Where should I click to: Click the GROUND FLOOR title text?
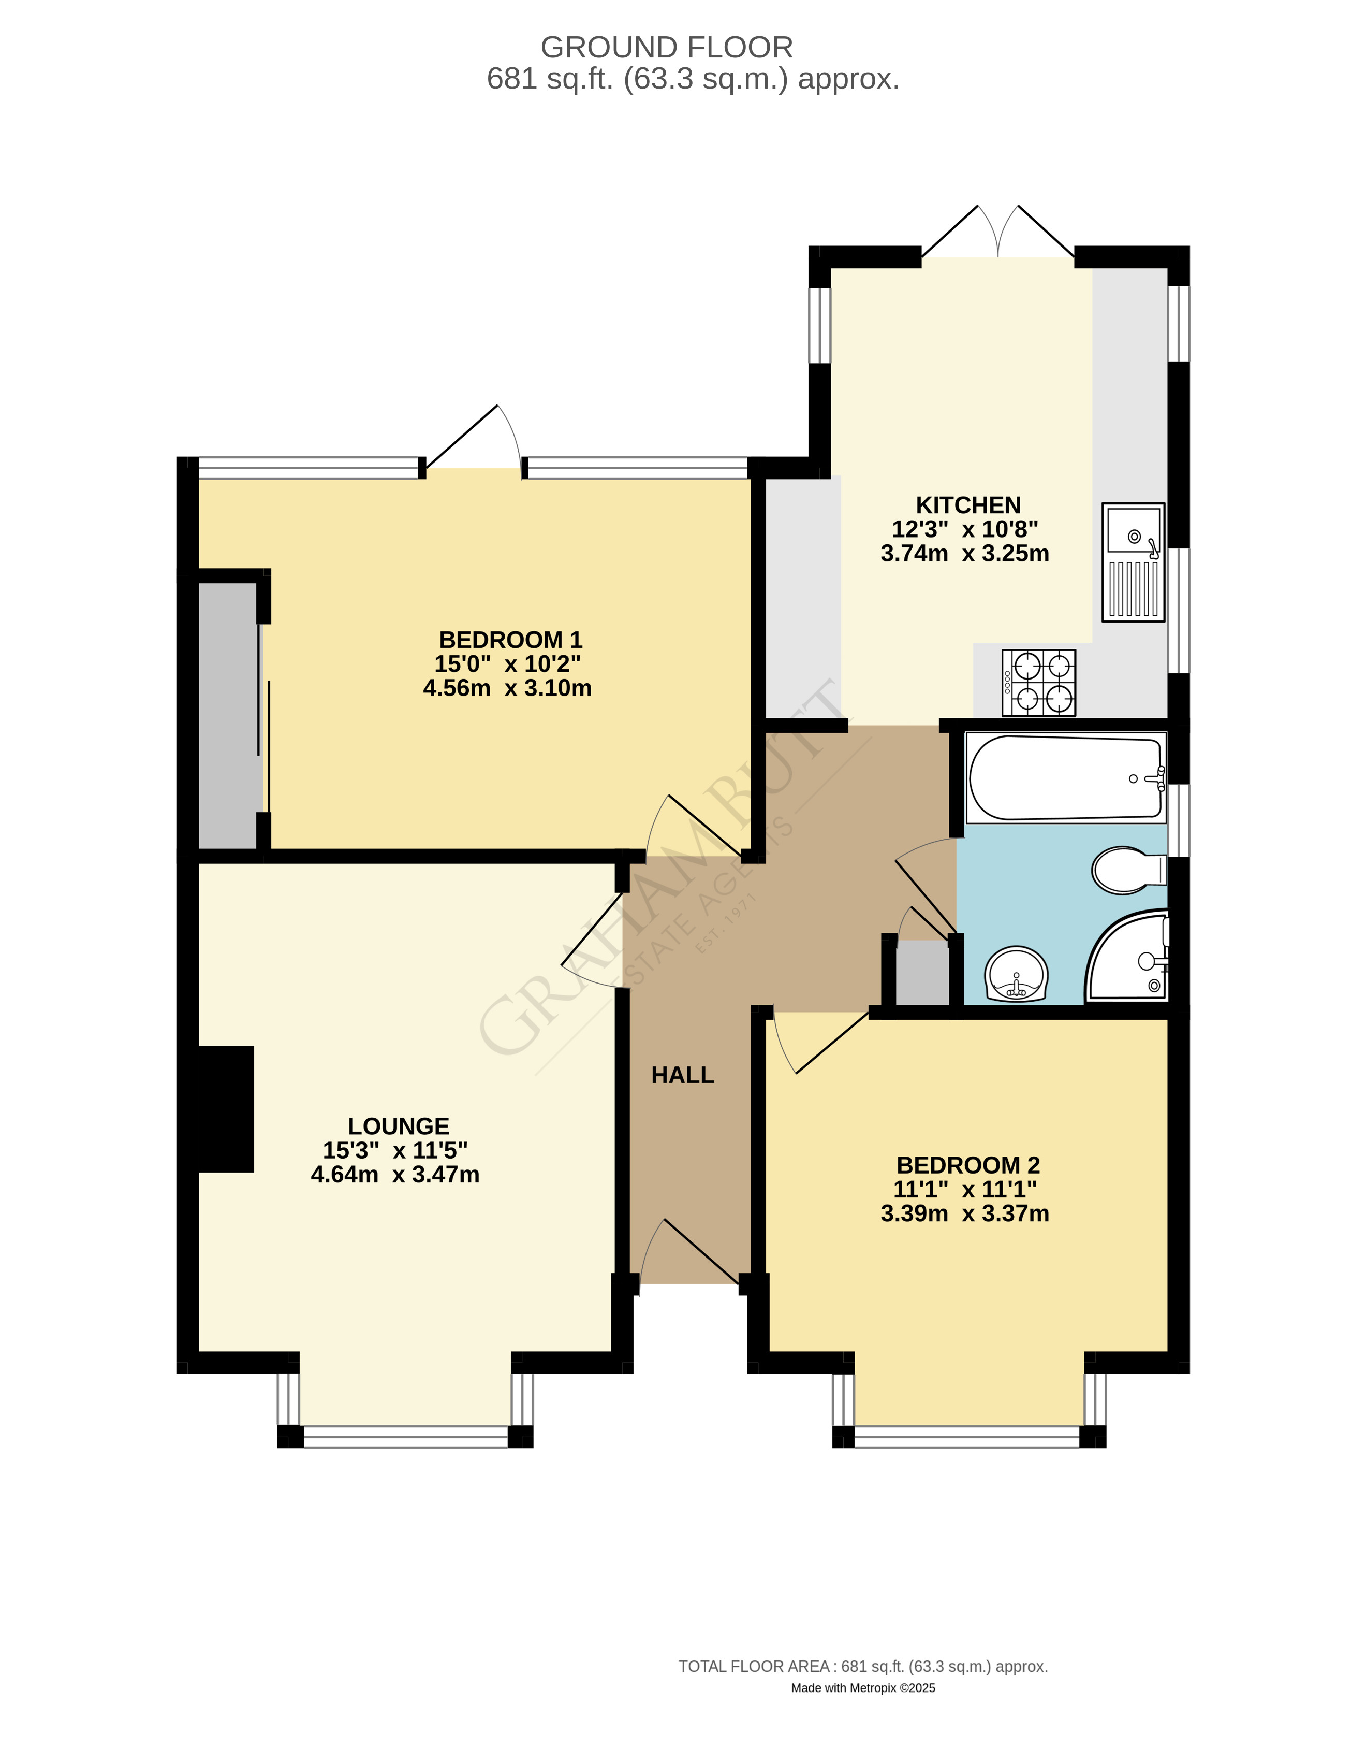[667, 48]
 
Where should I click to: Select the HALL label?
[683, 1075]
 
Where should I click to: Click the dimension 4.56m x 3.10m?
[507, 688]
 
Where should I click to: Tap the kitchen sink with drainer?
[1133, 562]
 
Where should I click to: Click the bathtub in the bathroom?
[1065, 778]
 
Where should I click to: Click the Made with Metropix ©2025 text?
[862, 1687]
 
